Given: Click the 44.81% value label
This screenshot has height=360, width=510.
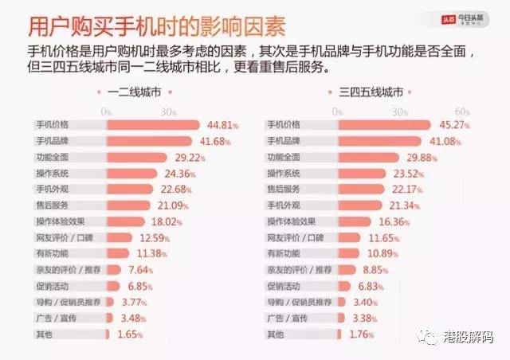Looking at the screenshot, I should click(x=223, y=125).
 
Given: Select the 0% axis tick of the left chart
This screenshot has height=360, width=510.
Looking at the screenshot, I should click(x=105, y=112).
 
